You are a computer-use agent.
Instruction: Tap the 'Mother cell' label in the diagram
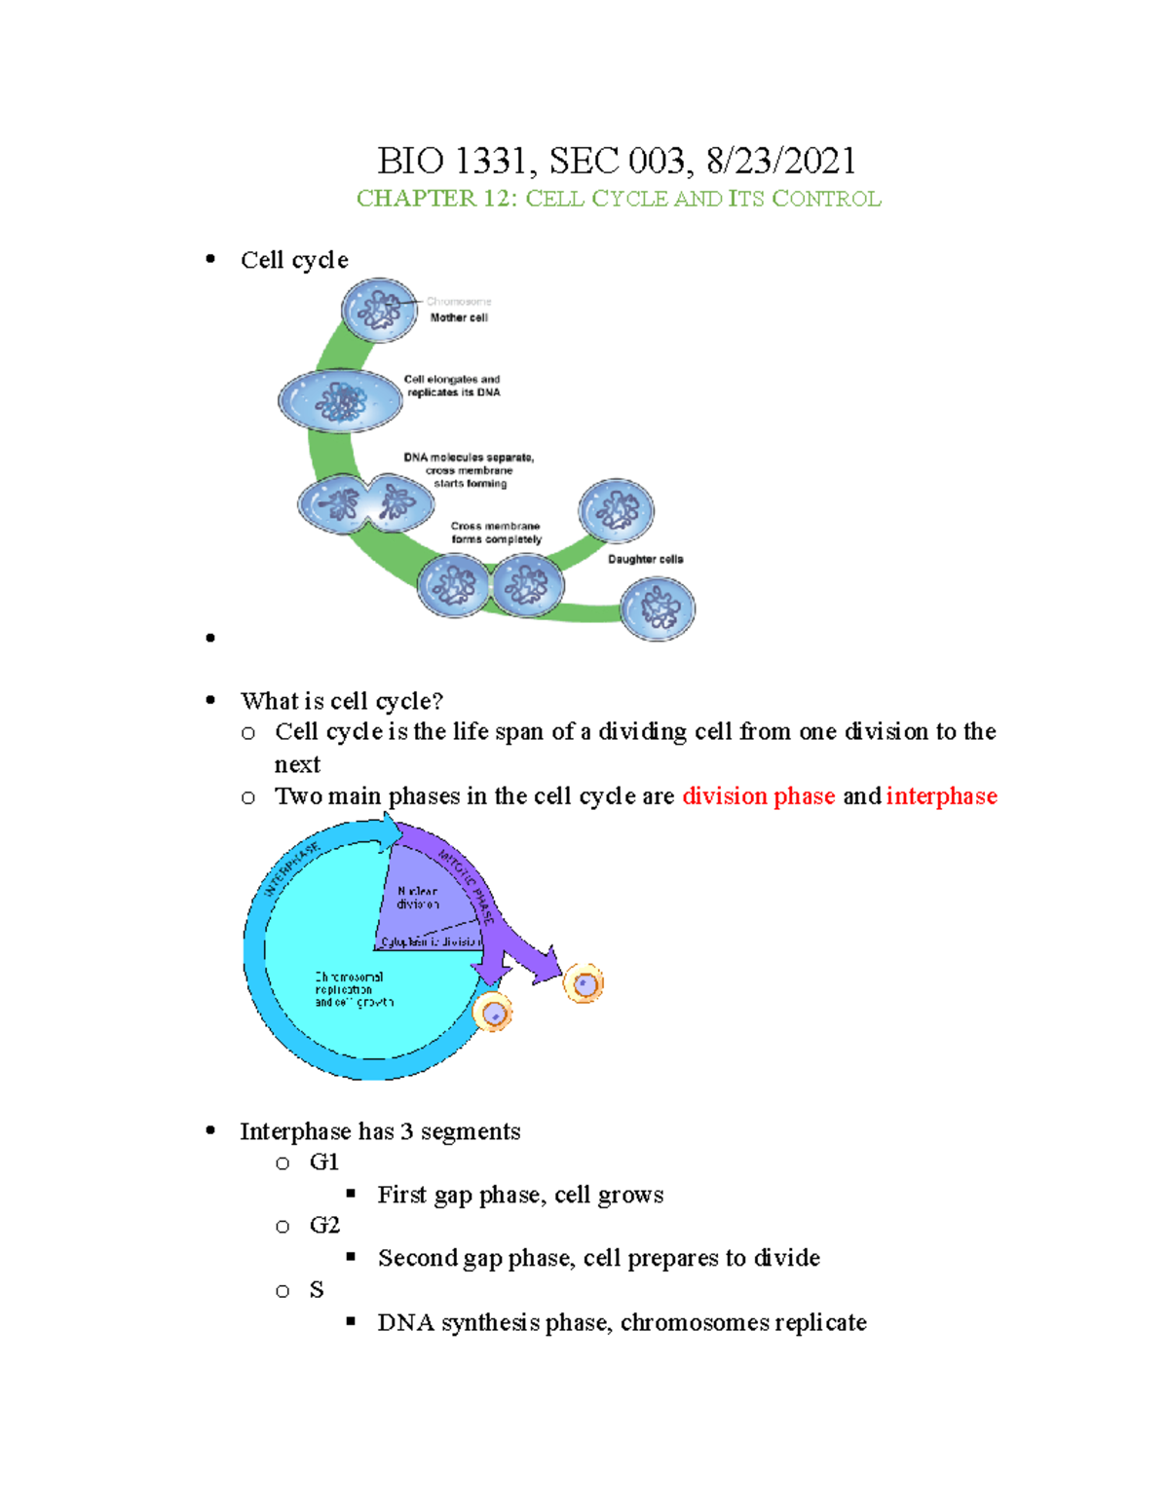click(x=459, y=317)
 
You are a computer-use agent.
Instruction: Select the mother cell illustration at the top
click(x=379, y=311)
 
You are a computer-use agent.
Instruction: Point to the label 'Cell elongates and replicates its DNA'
click(x=452, y=386)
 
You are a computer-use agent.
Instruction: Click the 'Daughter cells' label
click(x=645, y=559)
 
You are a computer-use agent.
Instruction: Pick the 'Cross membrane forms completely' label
click(x=496, y=533)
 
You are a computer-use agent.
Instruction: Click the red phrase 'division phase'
click(x=758, y=796)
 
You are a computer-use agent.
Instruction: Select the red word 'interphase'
click(x=941, y=796)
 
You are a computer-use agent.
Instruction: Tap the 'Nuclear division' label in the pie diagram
click(x=418, y=898)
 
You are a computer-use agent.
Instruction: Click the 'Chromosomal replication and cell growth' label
click(x=353, y=989)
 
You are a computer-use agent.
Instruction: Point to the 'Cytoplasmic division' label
click(x=430, y=941)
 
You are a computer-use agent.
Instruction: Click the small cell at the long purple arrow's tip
click(x=584, y=984)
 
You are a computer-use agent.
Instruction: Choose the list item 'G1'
click(x=323, y=1162)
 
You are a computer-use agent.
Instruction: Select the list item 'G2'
click(x=324, y=1225)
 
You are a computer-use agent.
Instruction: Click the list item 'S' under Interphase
click(x=317, y=1290)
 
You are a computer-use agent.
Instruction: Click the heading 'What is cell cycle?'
click(x=341, y=701)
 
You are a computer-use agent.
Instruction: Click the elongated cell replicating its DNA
click(x=340, y=400)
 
